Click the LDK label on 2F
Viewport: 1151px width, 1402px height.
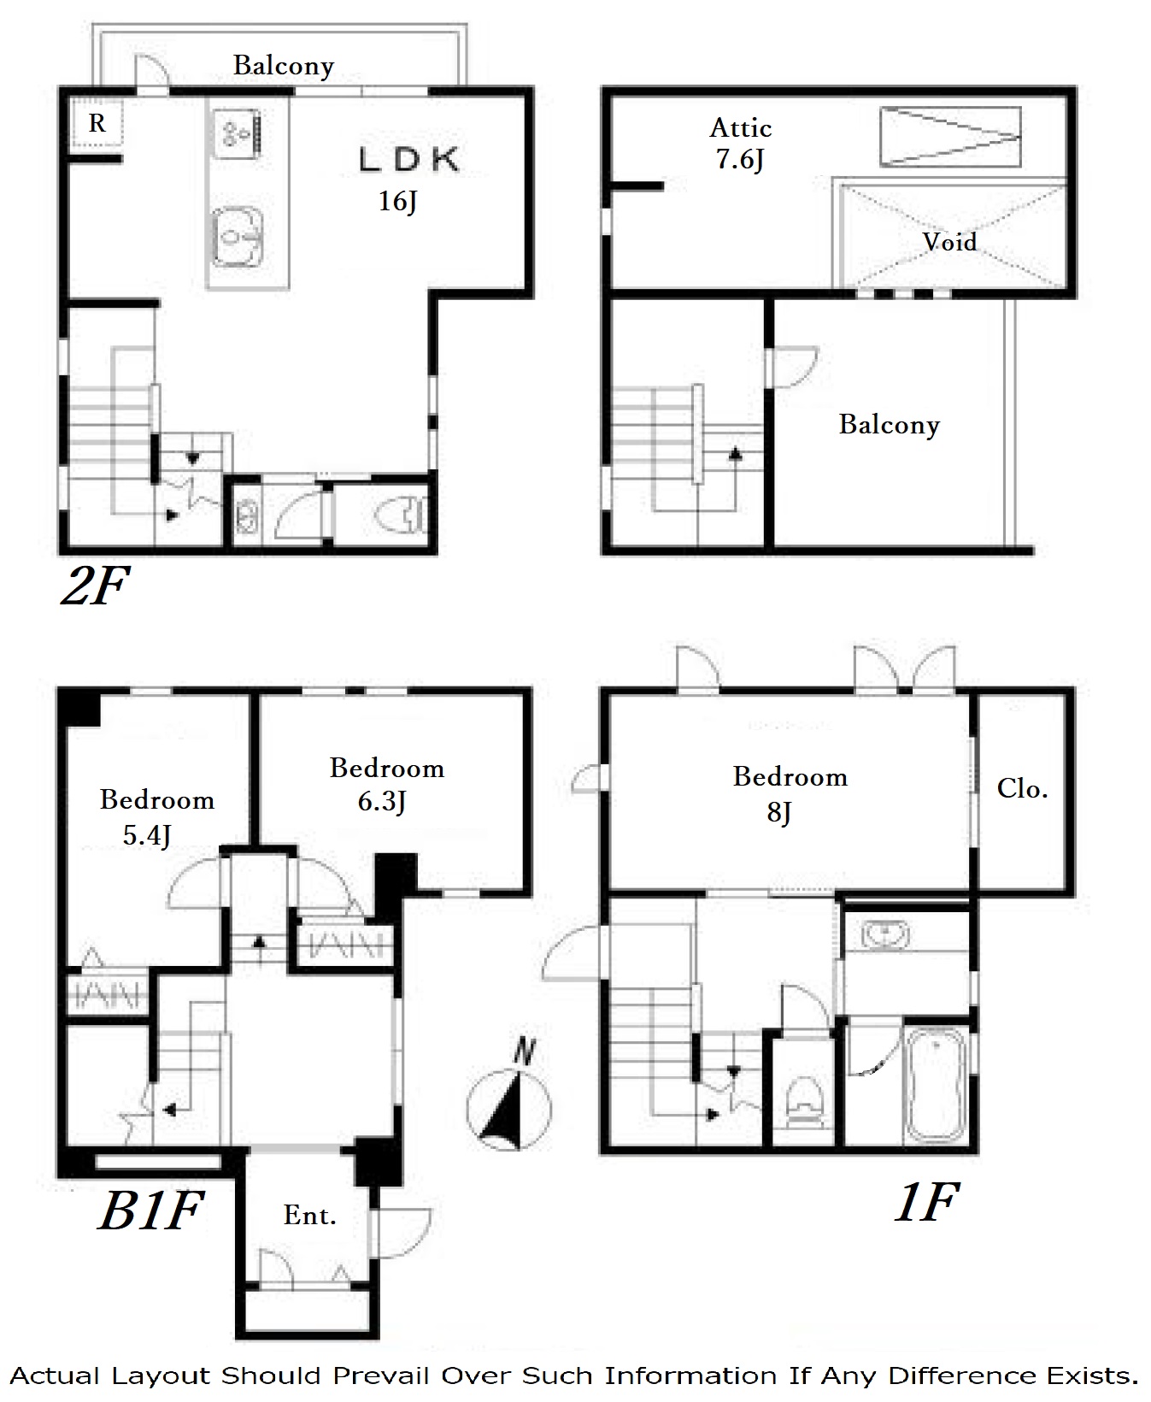408,159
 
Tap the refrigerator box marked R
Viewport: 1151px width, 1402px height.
97,124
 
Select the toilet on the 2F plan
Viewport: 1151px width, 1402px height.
400,515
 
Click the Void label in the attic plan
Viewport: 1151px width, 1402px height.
949,242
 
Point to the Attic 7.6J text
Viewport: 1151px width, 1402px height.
741,144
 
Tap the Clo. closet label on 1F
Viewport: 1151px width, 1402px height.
1022,788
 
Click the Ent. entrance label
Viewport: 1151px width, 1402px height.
309,1215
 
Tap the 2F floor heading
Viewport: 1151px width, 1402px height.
94,586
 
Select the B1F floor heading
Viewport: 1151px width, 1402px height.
150,1211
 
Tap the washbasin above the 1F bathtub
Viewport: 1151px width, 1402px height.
885,933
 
